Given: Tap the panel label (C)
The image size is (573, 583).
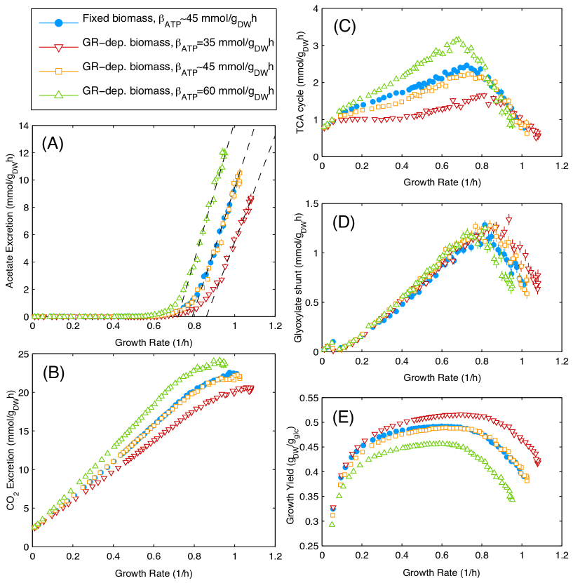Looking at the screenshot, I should point(347,27).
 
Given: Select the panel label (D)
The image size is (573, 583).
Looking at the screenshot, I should point(347,223).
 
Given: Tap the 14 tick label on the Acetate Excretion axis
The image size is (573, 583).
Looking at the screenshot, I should point(24,126).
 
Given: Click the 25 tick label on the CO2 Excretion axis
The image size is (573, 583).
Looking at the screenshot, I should point(24,354).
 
